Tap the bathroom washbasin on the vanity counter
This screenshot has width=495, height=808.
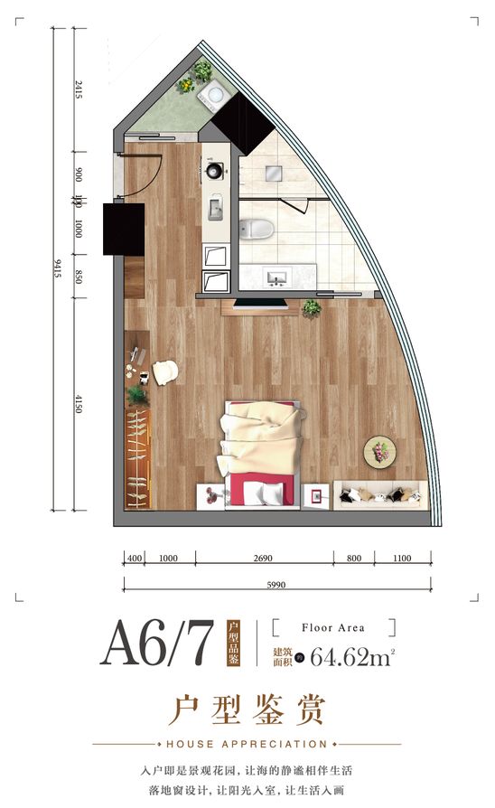click(276, 277)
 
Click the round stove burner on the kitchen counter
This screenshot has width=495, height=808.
click(215, 170)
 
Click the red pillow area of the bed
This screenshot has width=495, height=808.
click(262, 491)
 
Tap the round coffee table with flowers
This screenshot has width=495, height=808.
click(379, 453)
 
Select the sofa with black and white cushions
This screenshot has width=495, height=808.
click(380, 495)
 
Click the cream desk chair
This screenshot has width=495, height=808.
click(164, 372)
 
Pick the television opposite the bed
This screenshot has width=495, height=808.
click(261, 304)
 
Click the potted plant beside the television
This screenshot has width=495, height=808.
click(312, 308)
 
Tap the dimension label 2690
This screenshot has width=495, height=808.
click(263, 558)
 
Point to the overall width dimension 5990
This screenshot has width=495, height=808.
click(276, 585)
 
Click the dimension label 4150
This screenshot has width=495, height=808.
click(79, 403)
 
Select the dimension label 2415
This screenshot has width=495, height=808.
click(79, 89)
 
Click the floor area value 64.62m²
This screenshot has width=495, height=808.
click(352, 657)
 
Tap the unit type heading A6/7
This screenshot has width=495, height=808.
click(156, 644)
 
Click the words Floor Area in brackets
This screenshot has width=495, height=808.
click(333, 627)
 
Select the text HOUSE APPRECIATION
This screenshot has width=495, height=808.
click(247, 744)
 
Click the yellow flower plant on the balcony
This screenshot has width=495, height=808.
click(186, 85)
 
